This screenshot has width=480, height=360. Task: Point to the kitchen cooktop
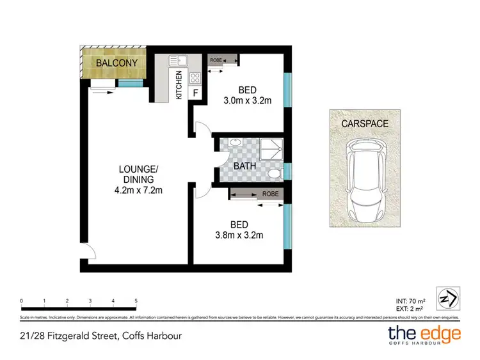coord(195,79)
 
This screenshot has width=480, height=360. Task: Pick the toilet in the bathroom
coord(275,172)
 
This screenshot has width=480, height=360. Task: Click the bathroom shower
coord(268,148)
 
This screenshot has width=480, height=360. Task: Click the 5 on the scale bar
coord(136,301)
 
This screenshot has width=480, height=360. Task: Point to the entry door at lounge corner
coord(88,253)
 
